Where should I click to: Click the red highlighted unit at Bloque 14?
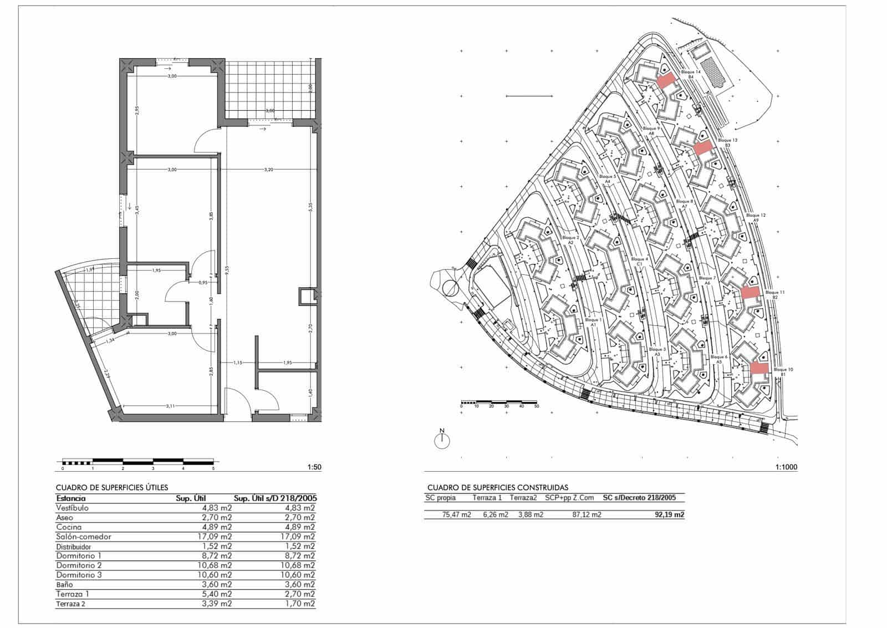point(667,80)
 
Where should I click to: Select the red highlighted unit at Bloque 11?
point(750,293)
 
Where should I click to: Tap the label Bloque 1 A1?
point(593,323)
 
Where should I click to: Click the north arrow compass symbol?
point(442,440)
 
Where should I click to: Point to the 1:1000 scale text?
point(786,467)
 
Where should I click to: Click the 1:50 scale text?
point(314,467)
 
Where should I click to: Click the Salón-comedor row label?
point(83,537)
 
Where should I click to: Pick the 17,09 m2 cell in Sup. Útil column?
point(216,537)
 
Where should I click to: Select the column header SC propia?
point(440,498)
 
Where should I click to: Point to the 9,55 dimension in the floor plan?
point(226,272)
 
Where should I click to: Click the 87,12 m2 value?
point(587,515)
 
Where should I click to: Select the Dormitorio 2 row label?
point(79,565)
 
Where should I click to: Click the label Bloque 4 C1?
point(639,262)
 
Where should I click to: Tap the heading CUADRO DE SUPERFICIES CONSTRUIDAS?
point(497,488)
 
